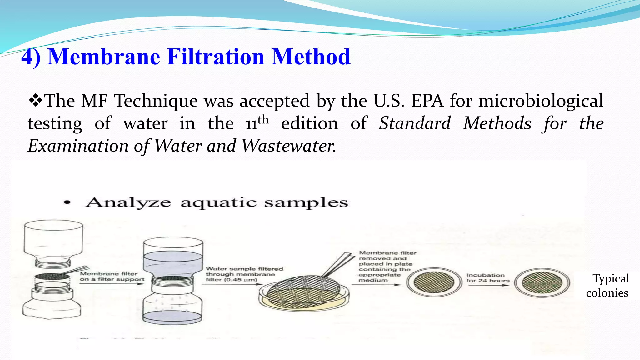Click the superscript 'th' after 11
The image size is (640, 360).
tap(263, 119)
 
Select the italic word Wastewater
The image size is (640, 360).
tap(289, 146)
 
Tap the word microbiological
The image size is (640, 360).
tap(541, 101)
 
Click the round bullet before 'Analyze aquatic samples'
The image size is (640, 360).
tap(67, 202)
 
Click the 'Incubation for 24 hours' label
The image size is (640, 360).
tap(487, 278)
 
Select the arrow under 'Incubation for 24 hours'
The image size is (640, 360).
tap(488, 285)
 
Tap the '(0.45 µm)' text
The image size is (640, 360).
tap(241, 280)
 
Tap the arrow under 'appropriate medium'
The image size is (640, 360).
tap(376, 285)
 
